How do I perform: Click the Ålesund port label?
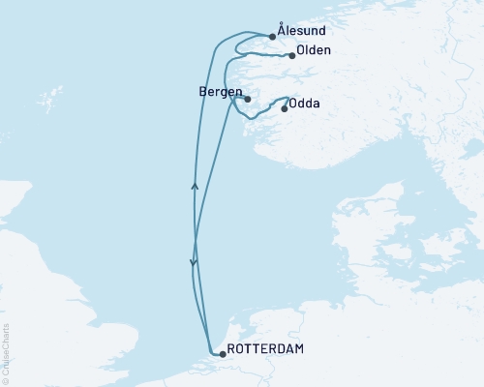click(300, 32)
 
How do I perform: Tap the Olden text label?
click(316, 50)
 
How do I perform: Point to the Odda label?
click(305, 103)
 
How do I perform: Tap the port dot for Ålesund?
click(273, 39)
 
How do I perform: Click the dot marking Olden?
click(291, 56)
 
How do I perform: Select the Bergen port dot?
click(248, 99)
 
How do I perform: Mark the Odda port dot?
click(284, 108)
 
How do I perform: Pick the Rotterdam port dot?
click(223, 354)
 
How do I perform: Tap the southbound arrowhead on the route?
click(194, 262)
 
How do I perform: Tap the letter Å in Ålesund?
click(281, 31)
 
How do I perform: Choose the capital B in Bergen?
click(199, 92)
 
